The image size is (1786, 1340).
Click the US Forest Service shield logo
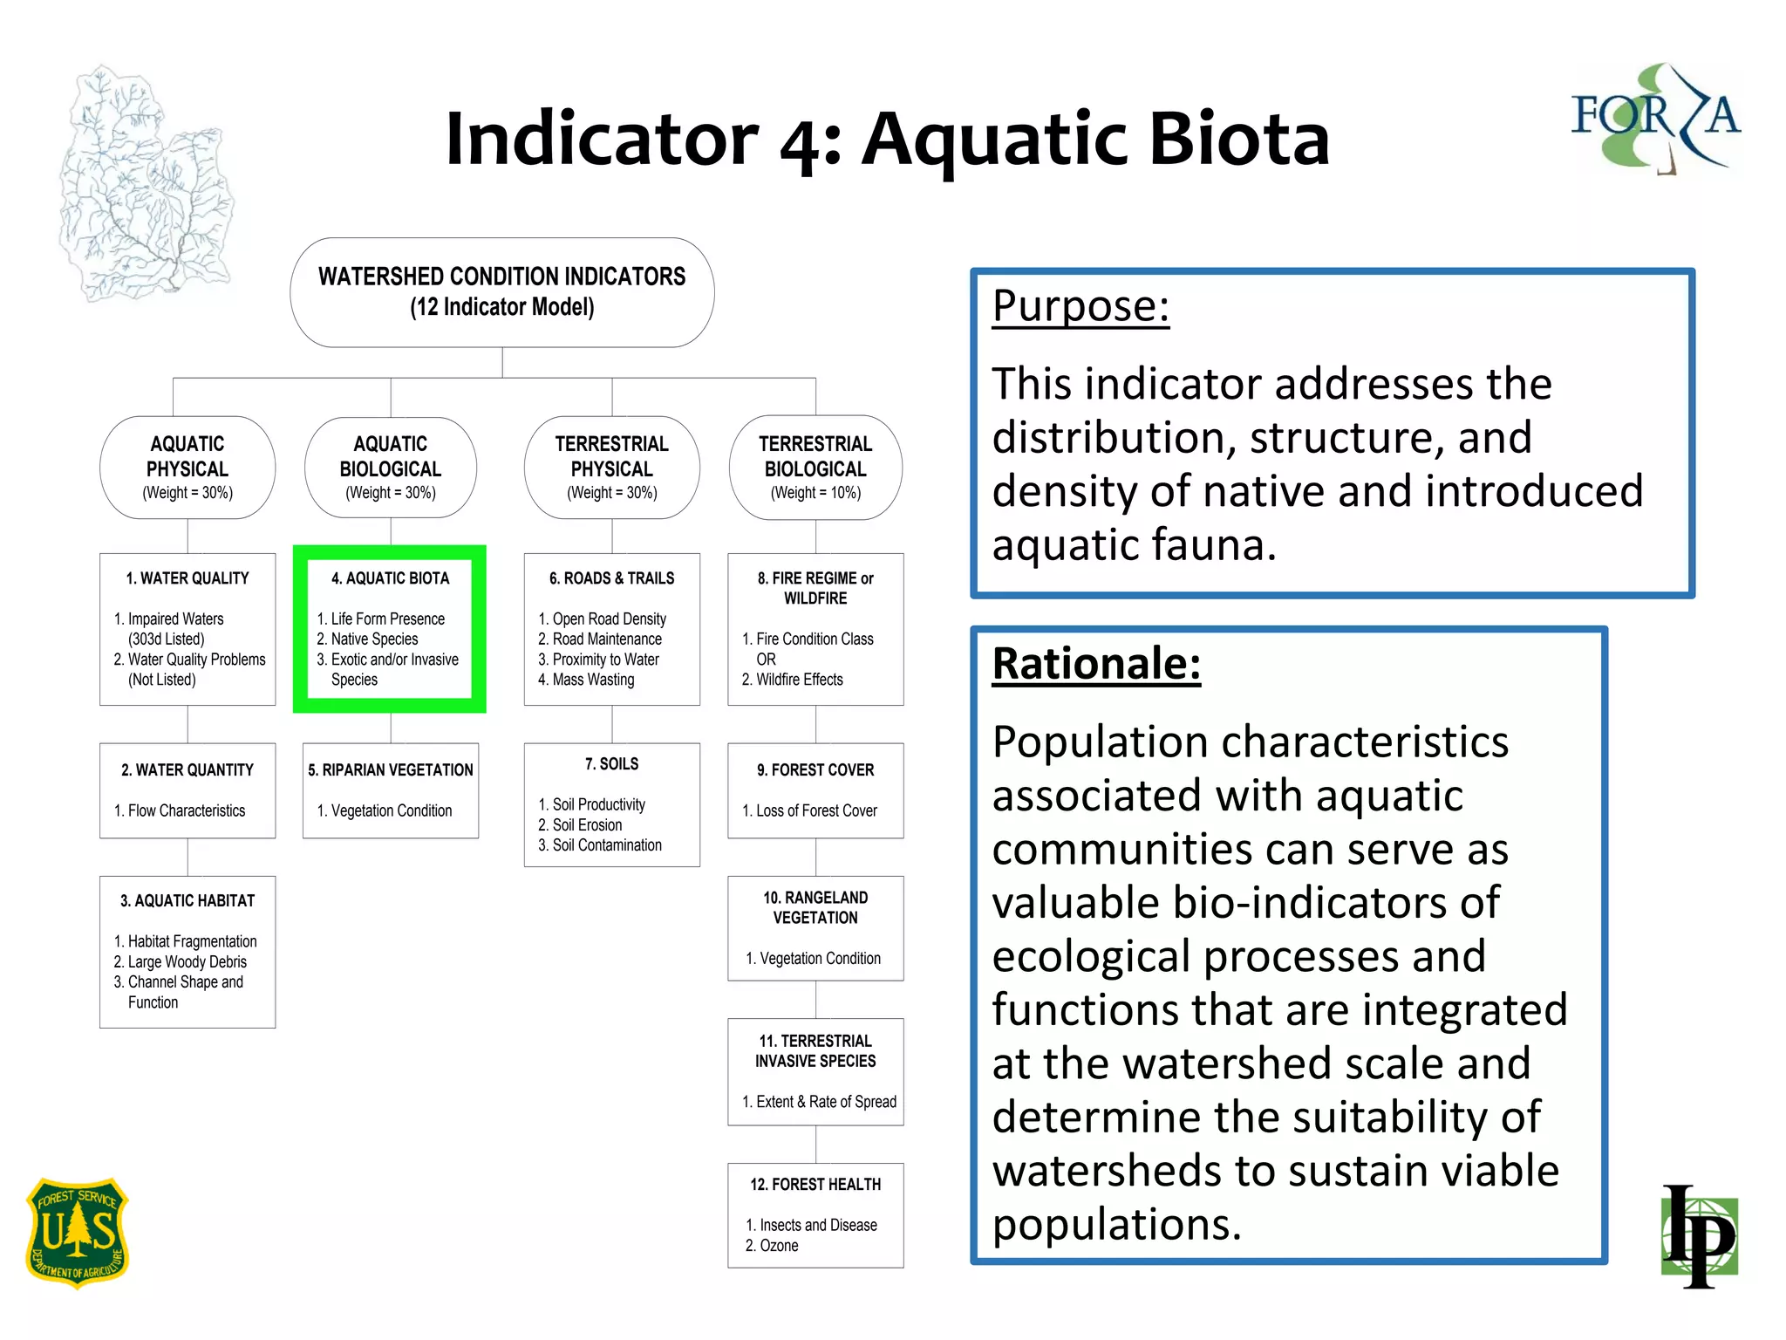(78, 1232)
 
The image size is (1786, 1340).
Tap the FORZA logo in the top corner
(1654, 118)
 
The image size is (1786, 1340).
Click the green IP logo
(1700, 1236)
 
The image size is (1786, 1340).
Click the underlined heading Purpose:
(1080, 306)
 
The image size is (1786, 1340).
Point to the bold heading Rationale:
(1096, 664)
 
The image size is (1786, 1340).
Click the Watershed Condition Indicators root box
(502, 292)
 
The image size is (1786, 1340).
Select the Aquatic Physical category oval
(187, 468)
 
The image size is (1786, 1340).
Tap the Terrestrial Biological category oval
(815, 468)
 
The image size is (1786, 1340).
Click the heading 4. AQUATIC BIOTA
(390, 578)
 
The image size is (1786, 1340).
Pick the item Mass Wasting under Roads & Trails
(593, 680)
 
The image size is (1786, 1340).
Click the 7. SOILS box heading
(611, 764)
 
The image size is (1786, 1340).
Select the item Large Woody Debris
(187, 961)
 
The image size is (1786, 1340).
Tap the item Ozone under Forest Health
(779, 1246)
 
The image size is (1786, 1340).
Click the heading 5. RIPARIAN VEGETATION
(391, 770)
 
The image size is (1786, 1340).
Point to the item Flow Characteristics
(187, 811)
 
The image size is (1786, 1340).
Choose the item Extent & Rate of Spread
(825, 1102)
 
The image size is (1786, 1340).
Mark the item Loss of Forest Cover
(816, 811)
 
